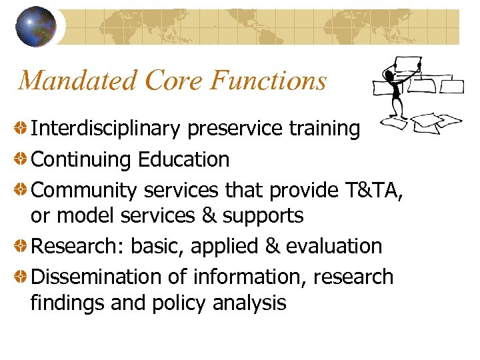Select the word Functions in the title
269,81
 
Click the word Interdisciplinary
107,128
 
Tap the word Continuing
82,159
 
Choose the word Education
184,159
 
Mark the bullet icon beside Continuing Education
22,159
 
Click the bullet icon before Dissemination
22,276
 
